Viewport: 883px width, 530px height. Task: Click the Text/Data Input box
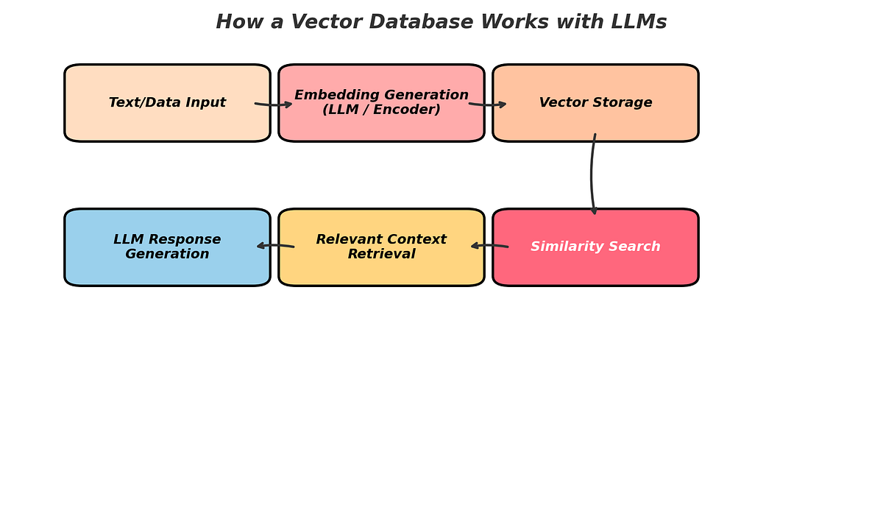(x=167, y=121)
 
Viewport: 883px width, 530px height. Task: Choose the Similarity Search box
(x=595, y=266)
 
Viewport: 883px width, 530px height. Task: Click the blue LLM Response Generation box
(x=167, y=269)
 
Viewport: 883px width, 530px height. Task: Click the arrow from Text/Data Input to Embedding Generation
(x=274, y=105)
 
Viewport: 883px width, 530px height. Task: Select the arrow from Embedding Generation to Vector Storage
(x=488, y=105)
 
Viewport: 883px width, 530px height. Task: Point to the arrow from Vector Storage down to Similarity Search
(x=592, y=175)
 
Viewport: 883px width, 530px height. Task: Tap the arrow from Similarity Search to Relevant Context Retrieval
(x=489, y=245)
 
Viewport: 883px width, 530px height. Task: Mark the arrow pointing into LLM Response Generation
(x=275, y=245)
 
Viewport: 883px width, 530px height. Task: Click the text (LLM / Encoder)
(x=381, y=110)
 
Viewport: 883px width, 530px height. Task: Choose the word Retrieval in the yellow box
(x=381, y=254)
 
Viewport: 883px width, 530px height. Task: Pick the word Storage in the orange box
(x=624, y=103)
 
